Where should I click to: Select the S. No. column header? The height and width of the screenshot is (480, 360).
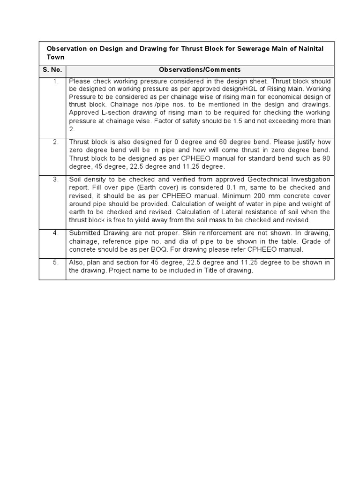coord(52,70)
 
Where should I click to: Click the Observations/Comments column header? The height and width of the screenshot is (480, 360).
coord(200,70)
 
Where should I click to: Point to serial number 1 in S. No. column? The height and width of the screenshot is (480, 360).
coord(56,81)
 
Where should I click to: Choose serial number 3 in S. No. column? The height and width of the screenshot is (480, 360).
coord(56,180)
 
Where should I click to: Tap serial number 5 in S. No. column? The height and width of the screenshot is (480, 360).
coord(56,262)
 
